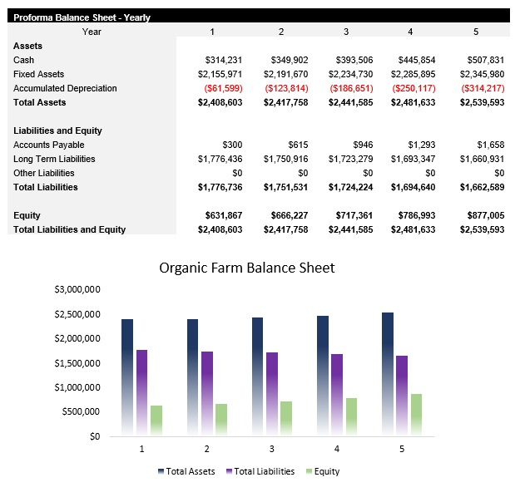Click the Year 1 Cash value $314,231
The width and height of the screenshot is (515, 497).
pos(223,60)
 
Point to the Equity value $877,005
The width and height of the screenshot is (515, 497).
pos(482,215)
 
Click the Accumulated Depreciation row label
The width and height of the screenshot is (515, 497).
pos(65,88)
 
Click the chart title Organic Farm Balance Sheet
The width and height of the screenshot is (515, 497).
pos(246,268)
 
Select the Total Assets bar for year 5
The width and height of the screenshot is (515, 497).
pos(388,374)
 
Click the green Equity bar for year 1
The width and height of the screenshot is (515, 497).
pos(156,420)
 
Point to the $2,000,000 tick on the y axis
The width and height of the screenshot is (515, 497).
pos(77,338)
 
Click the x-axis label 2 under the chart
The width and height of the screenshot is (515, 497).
pos(206,449)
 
